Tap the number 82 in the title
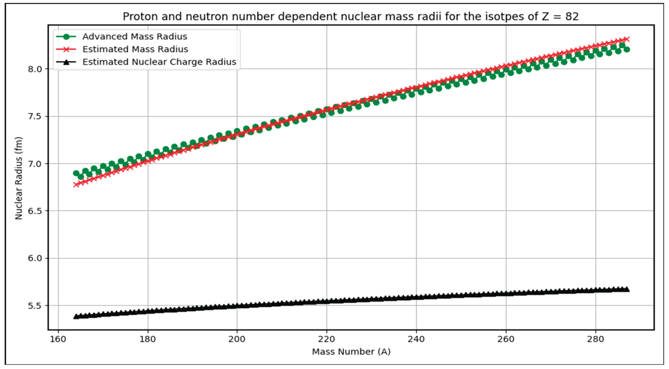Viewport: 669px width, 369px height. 572,17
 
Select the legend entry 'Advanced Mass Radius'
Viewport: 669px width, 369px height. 134,37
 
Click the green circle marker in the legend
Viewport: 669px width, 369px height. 66,37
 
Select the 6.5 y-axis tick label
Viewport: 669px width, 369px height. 34,211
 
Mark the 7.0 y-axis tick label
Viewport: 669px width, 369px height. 34,164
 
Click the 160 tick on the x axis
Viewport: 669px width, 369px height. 58,339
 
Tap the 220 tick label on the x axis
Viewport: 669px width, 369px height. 326,339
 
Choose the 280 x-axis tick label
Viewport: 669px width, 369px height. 595,339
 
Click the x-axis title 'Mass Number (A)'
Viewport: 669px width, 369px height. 351,352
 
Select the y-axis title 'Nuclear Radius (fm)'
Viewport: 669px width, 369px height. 19,178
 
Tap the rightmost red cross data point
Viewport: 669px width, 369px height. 627,39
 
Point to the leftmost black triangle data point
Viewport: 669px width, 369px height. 76,316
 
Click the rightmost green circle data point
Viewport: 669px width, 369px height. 627,49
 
